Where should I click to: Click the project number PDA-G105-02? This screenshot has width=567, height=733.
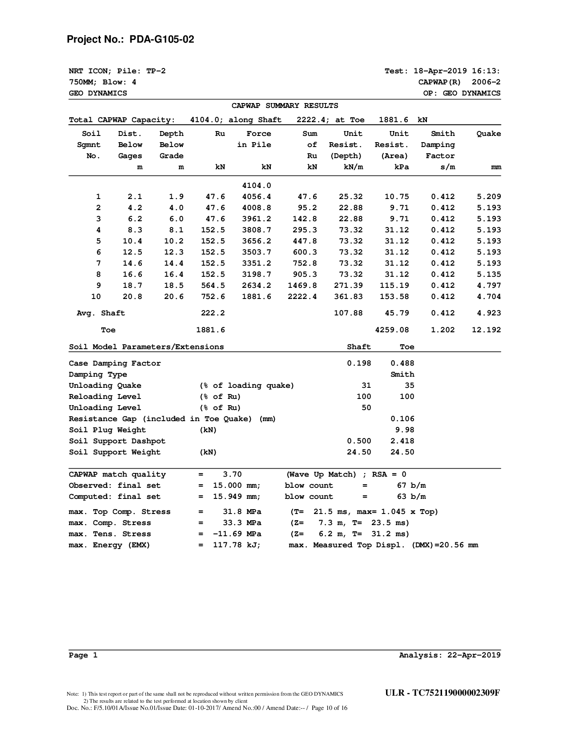tap(162, 40)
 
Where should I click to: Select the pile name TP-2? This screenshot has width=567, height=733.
tap(156, 71)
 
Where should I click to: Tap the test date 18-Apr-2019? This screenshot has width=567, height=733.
tap(440, 71)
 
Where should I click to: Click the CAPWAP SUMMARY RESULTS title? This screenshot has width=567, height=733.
tap(285, 106)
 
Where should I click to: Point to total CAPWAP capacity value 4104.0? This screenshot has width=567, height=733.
tap(207, 120)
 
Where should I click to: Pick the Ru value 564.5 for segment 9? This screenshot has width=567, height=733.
tap(213, 286)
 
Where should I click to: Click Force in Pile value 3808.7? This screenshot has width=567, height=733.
tap(257, 230)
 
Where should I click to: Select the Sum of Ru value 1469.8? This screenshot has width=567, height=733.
tap(302, 286)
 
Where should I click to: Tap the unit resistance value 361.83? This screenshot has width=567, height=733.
tap(348, 297)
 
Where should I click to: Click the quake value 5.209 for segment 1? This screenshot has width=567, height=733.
tap(489, 197)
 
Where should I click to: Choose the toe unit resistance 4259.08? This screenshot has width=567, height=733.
tap(392, 330)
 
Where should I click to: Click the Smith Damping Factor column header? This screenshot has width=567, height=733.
tap(438, 145)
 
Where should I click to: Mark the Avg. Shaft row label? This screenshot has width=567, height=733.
tap(101, 313)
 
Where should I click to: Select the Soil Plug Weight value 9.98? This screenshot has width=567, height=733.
tap(405, 430)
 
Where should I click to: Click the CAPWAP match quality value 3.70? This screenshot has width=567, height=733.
tap(232, 474)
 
